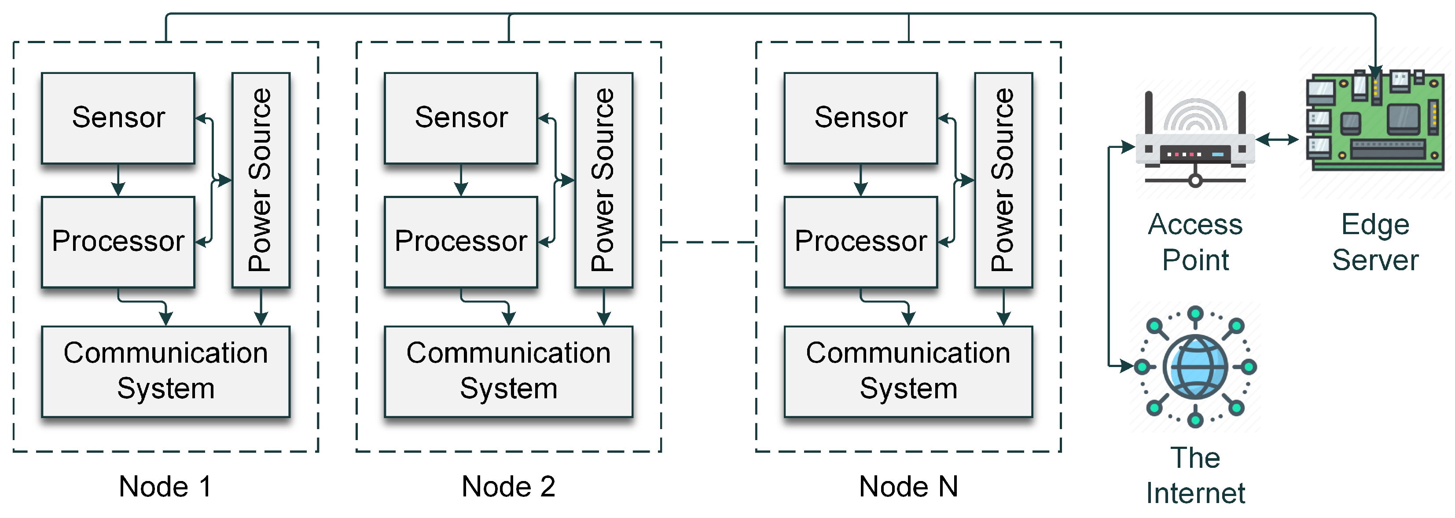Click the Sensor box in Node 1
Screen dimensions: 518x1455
click(x=118, y=118)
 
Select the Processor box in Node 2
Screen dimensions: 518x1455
click(x=460, y=241)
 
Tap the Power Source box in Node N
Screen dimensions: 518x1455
click(x=1003, y=180)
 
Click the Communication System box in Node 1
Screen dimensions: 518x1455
click(x=165, y=371)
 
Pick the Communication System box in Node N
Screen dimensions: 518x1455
click(x=908, y=371)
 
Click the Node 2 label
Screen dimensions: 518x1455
click(x=508, y=486)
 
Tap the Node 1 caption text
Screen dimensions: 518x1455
click(x=165, y=486)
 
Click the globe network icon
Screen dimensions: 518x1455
click(x=1195, y=367)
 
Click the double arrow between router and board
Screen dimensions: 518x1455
click(x=1276, y=139)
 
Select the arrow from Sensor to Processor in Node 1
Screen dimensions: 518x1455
click(x=118, y=180)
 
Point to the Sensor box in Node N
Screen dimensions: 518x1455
click(x=860, y=118)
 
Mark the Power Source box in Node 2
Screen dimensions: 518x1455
click(x=603, y=180)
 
